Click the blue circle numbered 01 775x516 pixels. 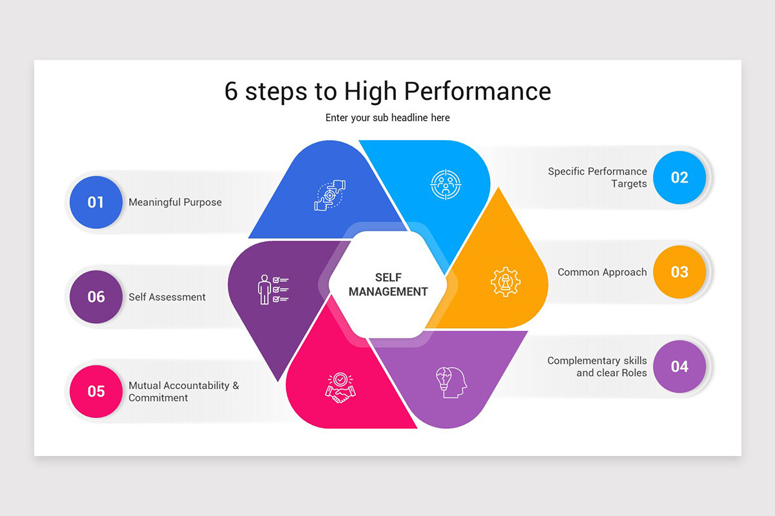click(x=96, y=203)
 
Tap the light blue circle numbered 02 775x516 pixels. click(x=679, y=177)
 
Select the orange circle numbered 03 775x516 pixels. click(x=679, y=272)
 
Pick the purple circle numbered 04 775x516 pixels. click(x=679, y=366)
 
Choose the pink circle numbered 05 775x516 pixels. click(x=96, y=392)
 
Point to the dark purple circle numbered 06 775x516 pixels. click(x=96, y=297)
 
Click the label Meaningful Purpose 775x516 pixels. click(x=175, y=203)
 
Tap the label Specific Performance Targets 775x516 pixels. click(x=597, y=177)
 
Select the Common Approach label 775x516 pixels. click(x=602, y=272)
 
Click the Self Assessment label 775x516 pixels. click(x=167, y=297)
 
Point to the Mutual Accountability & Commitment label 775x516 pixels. click(x=183, y=392)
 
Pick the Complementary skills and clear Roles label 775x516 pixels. click(x=597, y=366)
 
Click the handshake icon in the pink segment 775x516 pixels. click(x=340, y=388)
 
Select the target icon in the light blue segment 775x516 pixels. click(x=446, y=184)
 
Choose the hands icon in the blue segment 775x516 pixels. click(x=330, y=195)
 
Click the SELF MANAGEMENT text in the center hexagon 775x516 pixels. click(x=388, y=284)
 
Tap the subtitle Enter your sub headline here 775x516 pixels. click(x=387, y=118)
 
